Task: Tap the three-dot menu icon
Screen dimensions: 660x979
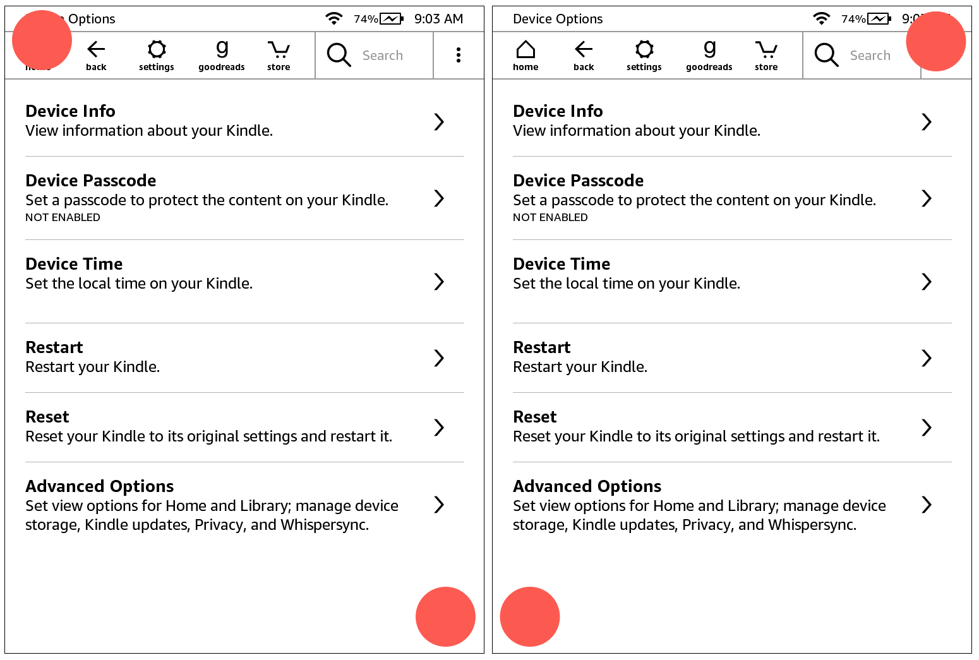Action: click(459, 55)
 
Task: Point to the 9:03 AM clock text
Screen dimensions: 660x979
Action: click(438, 19)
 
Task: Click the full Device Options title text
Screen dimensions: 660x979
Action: click(558, 19)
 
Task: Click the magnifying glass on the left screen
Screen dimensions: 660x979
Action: click(339, 55)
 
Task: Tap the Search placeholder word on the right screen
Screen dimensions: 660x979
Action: click(870, 56)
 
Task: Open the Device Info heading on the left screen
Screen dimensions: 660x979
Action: click(70, 111)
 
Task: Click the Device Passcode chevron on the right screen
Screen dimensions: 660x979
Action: click(927, 198)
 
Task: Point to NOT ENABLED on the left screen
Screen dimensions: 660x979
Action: click(63, 217)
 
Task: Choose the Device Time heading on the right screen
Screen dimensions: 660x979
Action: click(562, 264)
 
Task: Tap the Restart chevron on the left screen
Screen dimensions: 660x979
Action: click(439, 358)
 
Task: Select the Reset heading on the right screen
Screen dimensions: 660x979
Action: click(534, 417)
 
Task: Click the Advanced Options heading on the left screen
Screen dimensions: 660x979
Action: click(100, 486)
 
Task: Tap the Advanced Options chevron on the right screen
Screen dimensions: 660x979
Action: click(927, 505)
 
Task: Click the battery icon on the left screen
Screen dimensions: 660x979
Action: click(392, 19)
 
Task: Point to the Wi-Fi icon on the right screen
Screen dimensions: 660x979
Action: click(821, 18)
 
